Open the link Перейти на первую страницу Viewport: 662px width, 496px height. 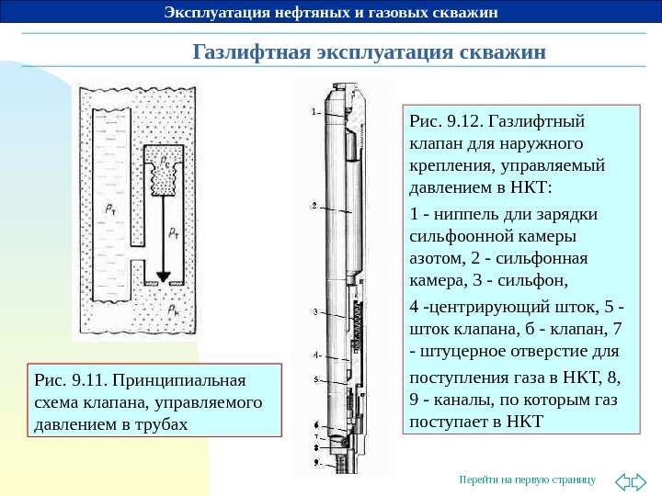(527, 480)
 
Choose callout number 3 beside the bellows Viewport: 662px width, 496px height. (314, 312)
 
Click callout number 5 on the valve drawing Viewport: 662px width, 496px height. (314, 378)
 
